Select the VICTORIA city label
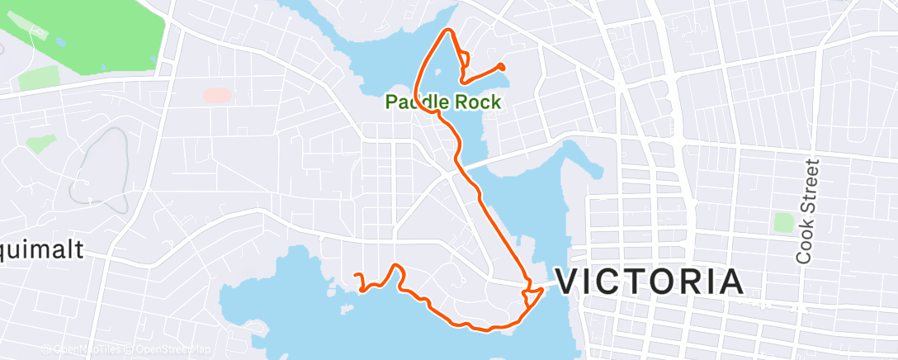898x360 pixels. [x=648, y=282]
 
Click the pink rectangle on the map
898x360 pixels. [x=217, y=96]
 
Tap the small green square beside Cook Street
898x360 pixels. [x=783, y=222]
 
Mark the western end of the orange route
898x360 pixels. [x=355, y=275]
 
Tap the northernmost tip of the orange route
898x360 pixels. [x=449, y=31]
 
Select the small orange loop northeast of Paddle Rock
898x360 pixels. [x=465, y=59]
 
